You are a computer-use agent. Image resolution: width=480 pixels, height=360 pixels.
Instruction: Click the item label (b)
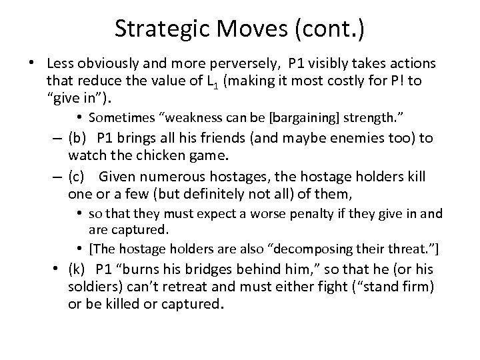pyautogui.click(x=77, y=139)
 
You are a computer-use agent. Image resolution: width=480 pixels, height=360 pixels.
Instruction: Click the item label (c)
pyautogui.click(x=77, y=177)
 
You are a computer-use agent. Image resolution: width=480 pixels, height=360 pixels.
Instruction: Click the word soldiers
pyautogui.click(x=91, y=287)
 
